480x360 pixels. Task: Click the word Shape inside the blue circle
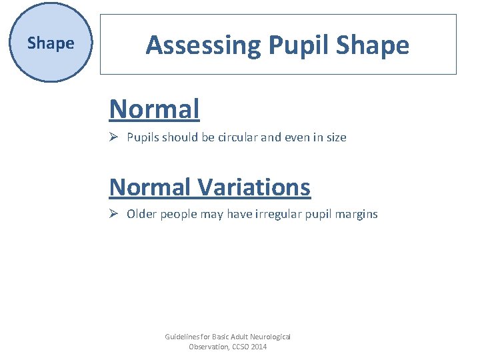tap(51, 43)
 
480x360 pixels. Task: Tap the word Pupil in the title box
tap(299, 45)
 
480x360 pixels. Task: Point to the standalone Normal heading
tap(154, 109)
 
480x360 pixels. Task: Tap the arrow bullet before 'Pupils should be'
tap(114, 137)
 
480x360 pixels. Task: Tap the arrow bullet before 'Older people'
tap(114, 214)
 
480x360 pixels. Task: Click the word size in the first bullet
tap(335, 137)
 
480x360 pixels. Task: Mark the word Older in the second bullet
tap(141, 214)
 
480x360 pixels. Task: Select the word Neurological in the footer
tap(269, 337)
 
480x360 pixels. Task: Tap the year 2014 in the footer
tap(259, 347)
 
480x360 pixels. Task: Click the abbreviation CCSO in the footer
tap(239, 347)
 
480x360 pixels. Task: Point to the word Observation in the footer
tap(207, 347)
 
